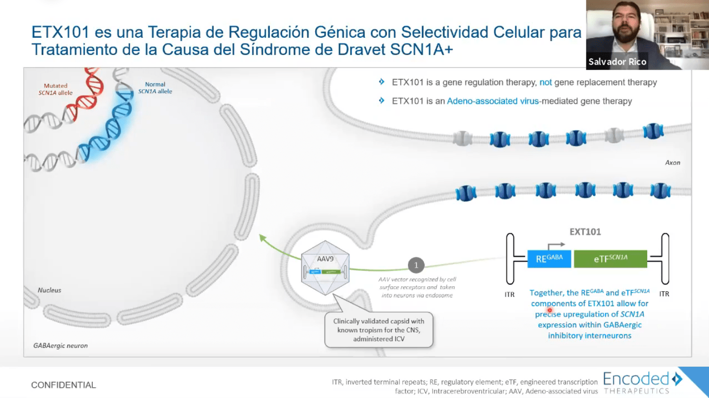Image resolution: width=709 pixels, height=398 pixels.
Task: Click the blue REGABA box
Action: tap(549, 259)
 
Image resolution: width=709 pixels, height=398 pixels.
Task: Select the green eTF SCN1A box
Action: tap(610, 259)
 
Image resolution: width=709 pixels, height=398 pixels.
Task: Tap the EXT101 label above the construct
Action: tap(585, 232)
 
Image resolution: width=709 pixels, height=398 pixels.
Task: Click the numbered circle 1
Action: tap(416, 266)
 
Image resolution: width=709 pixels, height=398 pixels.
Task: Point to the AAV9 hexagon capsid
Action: tap(326, 272)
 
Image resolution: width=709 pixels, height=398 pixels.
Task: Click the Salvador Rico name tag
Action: tap(617, 62)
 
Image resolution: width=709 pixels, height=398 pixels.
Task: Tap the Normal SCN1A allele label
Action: tap(155, 88)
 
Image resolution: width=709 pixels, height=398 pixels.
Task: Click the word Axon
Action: tap(672, 162)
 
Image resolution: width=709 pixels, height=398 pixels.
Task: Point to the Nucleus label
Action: tap(50, 290)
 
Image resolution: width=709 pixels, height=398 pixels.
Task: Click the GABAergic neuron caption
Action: tap(60, 346)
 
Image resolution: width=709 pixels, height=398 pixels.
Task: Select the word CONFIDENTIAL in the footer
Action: tap(64, 385)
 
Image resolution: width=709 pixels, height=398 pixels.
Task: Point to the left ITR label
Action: tap(509, 295)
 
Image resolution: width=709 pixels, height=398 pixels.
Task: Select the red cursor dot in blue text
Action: tap(550, 310)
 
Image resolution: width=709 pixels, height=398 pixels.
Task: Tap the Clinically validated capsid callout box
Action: tap(379, 330)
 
